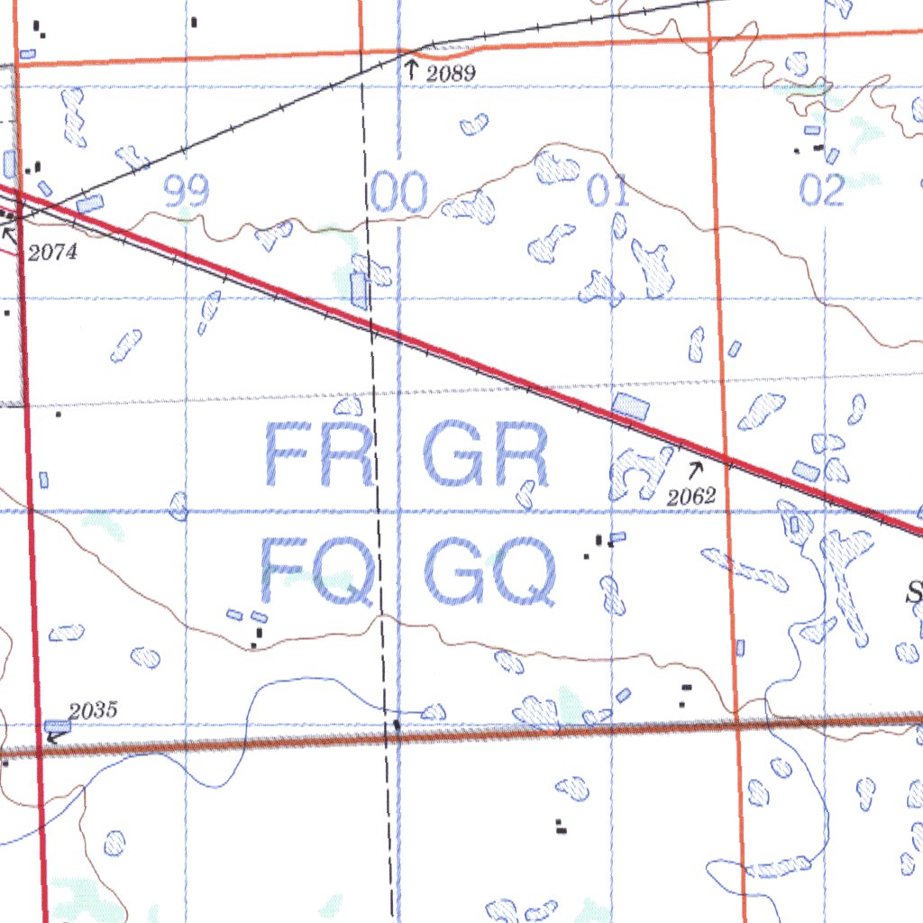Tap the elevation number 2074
pos(52,253)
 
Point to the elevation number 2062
pos(691,496)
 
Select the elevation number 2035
pos(94,710)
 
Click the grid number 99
pos(187,192)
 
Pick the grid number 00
pos(399,194)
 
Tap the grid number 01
pos(609,192)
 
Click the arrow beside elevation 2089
pos(412,69)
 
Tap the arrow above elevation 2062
pos(696,469)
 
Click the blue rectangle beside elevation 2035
pos(58,726)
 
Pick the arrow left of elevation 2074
pos(10,236)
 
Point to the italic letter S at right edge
pos(915,593)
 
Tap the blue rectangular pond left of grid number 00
pos(360,290)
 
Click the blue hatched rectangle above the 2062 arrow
pos(630,406)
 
